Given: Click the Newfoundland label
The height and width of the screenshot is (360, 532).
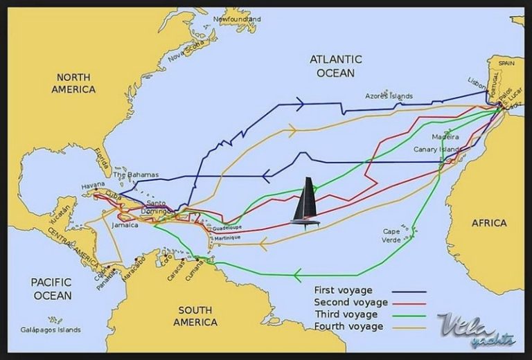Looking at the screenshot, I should [x=237, y=19].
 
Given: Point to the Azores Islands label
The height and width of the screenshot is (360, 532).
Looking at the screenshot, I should [x=389, y=96].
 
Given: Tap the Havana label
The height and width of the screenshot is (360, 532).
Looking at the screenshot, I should [x=93, y=186].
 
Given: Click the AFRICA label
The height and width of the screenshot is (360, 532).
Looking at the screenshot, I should [x=489, y=223].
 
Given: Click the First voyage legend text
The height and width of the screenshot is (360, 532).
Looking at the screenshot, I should [x=344, y=290].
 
